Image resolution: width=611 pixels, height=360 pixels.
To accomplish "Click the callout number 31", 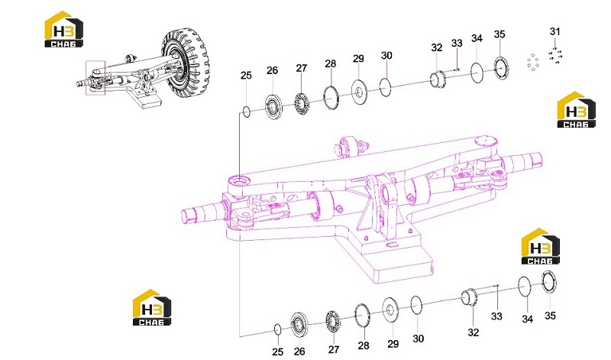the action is click(555, 31).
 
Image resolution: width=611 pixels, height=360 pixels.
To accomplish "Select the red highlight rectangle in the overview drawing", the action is click(95, 78).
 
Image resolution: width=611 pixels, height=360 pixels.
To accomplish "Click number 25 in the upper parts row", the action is click(246, 75).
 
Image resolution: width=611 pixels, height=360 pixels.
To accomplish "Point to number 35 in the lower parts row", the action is click(550, 315).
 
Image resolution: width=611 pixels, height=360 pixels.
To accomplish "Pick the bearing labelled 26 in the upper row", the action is click(273, 105).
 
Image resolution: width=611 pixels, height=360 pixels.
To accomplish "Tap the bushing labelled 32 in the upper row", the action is click(438, 79).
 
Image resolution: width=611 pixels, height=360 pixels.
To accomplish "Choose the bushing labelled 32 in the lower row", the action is click(470, 297).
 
